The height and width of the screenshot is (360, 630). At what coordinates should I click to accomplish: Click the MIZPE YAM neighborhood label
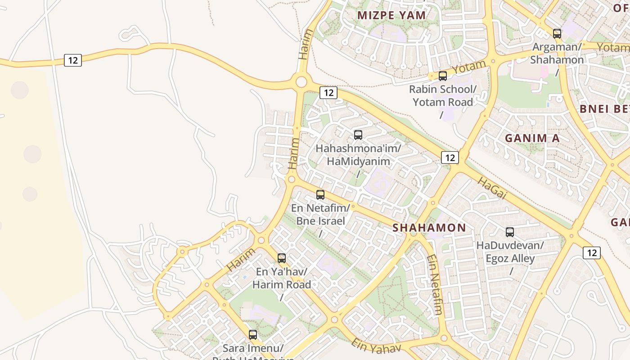391,15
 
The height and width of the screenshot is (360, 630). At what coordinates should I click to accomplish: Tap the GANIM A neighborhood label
532,138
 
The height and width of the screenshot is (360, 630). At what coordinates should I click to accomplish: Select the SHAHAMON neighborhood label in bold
429,228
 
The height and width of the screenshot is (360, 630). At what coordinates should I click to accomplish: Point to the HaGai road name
492,189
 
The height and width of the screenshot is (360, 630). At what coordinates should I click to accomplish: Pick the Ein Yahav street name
376,346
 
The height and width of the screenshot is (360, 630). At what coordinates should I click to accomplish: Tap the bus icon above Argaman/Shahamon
557,34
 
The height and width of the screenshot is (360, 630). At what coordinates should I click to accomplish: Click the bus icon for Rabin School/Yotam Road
443,76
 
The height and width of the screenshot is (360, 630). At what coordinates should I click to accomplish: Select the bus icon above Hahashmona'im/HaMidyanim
358,135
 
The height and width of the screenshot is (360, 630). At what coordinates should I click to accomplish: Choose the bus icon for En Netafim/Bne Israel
320,195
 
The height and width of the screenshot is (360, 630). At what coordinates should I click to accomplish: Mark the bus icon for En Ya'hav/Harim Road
282,258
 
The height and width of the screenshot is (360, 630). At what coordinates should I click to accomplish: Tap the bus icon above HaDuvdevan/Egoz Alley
510,232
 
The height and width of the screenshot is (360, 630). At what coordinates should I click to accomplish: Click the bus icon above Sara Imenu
253,335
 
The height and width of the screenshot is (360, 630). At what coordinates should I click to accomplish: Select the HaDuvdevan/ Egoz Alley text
510,252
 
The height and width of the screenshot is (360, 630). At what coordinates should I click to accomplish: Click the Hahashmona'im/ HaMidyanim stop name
358,154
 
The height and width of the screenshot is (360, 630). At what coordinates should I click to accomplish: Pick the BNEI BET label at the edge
604,109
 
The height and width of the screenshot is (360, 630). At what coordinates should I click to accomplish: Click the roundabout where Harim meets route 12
301,82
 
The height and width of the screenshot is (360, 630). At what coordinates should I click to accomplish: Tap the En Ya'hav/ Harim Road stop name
282,278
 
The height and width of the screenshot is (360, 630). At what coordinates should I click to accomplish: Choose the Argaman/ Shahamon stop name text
557,53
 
